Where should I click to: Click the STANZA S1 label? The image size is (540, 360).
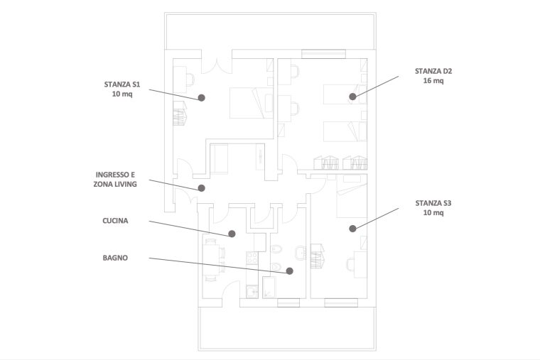tap(122, 89)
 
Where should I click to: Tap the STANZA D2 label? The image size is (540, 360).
tap(433, 76)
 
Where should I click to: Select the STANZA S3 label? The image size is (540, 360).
tap(433, 207)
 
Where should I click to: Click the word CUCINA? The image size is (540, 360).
tap(115, 221)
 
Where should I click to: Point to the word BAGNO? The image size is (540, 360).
tap(115, 258)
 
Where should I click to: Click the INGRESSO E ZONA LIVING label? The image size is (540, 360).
tap(115, 180)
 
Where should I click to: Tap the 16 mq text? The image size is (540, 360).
tap(433, 80)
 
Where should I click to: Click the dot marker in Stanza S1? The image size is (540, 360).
tap(202, 98)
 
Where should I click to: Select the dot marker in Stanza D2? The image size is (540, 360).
tap(352, 97)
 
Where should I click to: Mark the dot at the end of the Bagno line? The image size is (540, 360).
tap(290, 271)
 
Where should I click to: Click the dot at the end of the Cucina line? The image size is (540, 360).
tap(232, 234)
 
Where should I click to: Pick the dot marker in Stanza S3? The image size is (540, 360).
tap(352, 228)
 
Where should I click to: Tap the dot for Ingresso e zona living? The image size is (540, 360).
tap(202, 188)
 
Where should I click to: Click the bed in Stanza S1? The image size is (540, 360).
tap(252, 103)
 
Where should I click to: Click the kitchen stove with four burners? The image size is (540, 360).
tap(252, 258)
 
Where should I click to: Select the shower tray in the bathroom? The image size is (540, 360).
tap(269, 287)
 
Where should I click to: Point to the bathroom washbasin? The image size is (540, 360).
tap(301, 253)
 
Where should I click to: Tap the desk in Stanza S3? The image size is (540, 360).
tap(360, 264)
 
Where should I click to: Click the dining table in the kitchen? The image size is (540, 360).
tap(210, 258)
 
